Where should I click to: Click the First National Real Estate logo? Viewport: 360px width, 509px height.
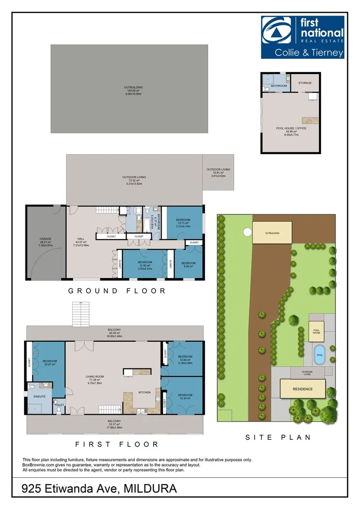click(x=303, y=37)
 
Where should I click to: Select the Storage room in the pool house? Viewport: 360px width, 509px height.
click(x=305, y=83)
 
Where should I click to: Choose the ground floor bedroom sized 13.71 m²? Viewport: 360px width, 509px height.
click(x=183, y=223)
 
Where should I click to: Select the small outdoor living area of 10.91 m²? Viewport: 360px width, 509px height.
click(x=218, y=172)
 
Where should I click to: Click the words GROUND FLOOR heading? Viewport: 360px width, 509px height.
click(x=117, y=291)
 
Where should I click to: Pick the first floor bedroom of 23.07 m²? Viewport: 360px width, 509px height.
click(x=49, y=363)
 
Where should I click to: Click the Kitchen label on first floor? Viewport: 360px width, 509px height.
click(x=144, y=392)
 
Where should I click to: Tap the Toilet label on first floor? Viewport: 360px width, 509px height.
click(x=59, y=404)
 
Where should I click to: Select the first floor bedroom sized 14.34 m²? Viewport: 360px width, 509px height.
click(x=185, y=397)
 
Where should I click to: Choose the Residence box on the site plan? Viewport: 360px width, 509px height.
click(x=303, y=389)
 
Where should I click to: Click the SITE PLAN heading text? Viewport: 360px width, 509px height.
click(x=278, y=437)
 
